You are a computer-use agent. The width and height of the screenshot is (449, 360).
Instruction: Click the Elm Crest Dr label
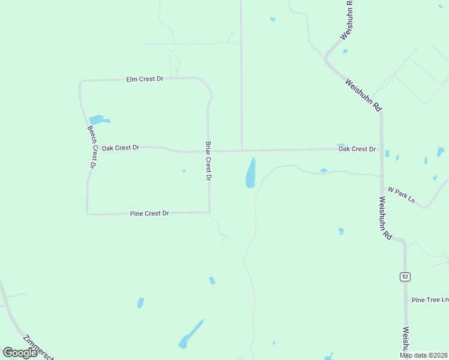[x=144, y=79]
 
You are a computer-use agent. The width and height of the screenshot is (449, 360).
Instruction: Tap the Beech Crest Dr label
[x=92, y=147]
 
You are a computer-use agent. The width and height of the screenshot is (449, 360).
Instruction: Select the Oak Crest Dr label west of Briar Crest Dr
[x=120, y=147]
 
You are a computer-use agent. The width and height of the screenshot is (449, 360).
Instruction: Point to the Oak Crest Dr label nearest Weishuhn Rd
[x=357, y=149]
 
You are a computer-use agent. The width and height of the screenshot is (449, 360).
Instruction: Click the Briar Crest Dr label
[x=208, y=161]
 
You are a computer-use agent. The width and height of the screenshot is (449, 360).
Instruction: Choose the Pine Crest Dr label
[x=149, y=213]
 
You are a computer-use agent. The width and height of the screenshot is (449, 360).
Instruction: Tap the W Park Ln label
[x=401, y=194]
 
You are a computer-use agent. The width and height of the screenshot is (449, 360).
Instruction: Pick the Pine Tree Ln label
[x=429, y=299]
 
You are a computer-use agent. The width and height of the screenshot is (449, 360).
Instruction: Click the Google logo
[x=20, y=353]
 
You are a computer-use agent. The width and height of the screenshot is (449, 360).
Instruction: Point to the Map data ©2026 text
[x=424, y=355]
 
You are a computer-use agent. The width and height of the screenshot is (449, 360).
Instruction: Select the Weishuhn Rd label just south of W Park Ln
[x=385, y=218]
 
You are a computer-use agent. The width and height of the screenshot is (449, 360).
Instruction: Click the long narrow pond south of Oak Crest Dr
[x=250, y=173]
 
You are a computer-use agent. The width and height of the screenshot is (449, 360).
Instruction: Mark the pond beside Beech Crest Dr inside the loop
[x=98, y=120]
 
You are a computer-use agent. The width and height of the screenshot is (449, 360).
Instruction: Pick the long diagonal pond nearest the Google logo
[x=191, y=334]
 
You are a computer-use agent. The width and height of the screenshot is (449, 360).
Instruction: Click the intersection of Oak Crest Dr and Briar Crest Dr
[x=208, y=151]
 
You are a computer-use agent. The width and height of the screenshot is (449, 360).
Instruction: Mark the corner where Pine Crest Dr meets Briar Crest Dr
[x=209, y=212]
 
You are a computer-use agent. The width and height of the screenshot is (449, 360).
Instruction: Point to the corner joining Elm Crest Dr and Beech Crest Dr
[x=81, y=81]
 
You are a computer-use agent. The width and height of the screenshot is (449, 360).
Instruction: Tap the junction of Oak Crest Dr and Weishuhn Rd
[x=382, y=149]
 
